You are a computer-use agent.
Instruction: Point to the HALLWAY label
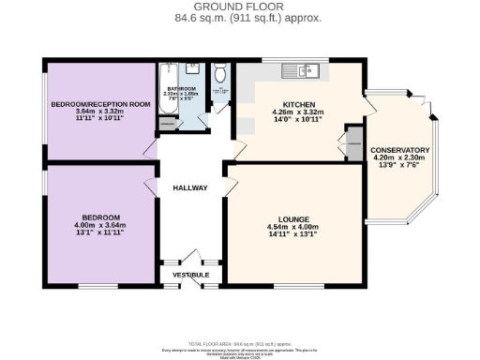click(190, 188)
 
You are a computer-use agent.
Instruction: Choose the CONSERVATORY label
click(400, 150)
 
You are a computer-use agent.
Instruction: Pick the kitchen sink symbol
click(305, 69)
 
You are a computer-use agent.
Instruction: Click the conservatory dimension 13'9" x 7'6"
click(400, 167)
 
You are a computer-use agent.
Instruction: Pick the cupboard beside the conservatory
click(354, 144)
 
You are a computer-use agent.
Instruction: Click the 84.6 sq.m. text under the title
click(205, 18)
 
